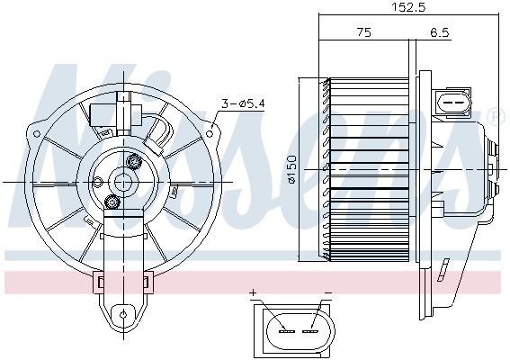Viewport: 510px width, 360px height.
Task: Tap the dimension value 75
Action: tap(363, 32)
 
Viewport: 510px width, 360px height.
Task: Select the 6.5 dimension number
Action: tap(441, 32)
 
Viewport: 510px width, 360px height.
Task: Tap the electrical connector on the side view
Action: tap(454, 103)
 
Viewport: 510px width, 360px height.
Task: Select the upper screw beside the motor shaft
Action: tap(136, 162)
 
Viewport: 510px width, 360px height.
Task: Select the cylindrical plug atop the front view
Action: tap(116, 115)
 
